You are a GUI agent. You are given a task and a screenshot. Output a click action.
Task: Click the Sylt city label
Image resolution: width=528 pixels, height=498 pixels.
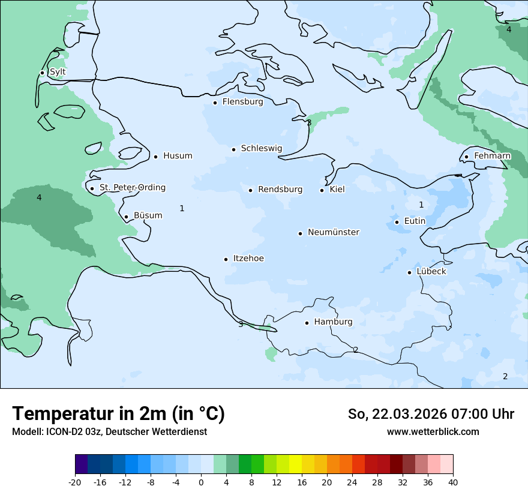point(58,72)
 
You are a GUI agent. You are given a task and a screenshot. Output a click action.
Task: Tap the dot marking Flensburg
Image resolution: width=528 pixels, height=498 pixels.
point(215,103)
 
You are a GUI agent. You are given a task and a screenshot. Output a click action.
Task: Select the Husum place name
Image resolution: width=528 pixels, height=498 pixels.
point(178,156)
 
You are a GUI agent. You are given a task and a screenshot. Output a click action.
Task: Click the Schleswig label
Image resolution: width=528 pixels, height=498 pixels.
point(261,148)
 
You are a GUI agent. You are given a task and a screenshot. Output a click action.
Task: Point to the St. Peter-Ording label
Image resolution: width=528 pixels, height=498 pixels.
point(132,188)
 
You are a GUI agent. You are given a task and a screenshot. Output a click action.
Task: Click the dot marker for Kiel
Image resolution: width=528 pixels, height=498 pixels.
point(322,190)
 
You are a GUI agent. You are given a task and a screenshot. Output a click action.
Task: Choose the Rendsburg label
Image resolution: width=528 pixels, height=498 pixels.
point(280,190)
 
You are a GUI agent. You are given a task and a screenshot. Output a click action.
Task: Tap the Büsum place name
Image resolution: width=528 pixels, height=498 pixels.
point(148,215)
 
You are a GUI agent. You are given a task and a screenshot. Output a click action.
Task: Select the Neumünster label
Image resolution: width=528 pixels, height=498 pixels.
point(334,232)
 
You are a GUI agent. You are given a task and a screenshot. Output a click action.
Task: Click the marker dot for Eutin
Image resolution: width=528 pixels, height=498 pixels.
point(397,222)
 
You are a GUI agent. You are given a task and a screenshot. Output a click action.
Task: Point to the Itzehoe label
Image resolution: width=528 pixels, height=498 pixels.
point(248,259)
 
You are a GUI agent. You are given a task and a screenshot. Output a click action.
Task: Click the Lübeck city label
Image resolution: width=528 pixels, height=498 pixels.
point(431,272)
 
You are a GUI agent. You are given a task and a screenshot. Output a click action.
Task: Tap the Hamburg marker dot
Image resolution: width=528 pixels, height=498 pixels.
point(307,323)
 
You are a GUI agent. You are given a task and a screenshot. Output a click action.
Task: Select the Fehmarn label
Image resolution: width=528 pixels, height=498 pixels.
point(492,156)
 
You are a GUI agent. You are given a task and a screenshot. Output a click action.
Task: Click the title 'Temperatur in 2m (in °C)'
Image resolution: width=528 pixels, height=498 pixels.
point(118,413)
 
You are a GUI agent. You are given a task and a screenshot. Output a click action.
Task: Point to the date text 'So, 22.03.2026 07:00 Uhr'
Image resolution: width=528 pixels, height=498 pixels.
point(431,414)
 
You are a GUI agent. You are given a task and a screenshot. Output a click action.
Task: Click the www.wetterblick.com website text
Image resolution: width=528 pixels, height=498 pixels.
point(433,431)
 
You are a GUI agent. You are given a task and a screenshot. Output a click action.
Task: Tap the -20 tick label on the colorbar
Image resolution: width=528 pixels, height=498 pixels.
point(75,482)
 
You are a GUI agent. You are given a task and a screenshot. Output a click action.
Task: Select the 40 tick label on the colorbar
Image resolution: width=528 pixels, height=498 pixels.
point(453,482)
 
